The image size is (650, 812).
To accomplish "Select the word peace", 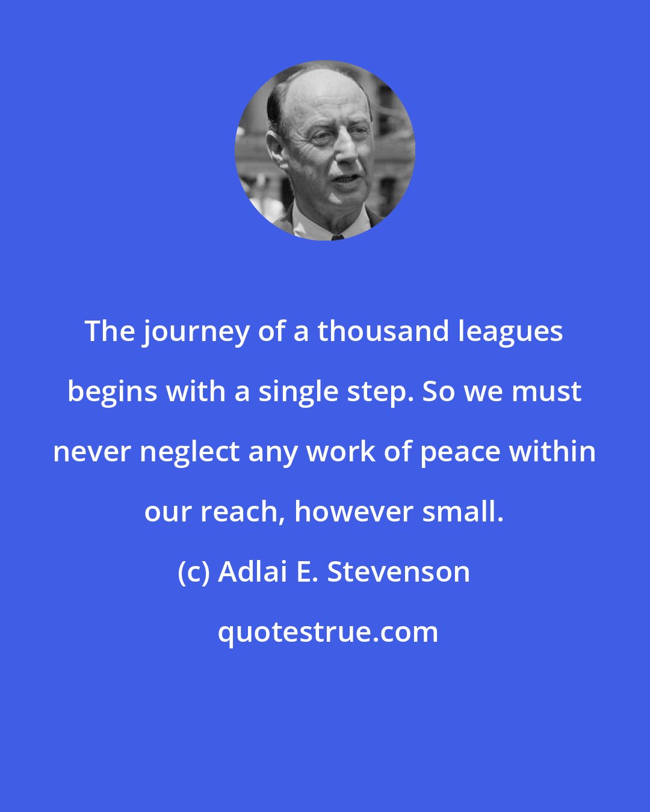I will click(459, 452).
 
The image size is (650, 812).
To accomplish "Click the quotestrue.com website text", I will click(328, 632).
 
